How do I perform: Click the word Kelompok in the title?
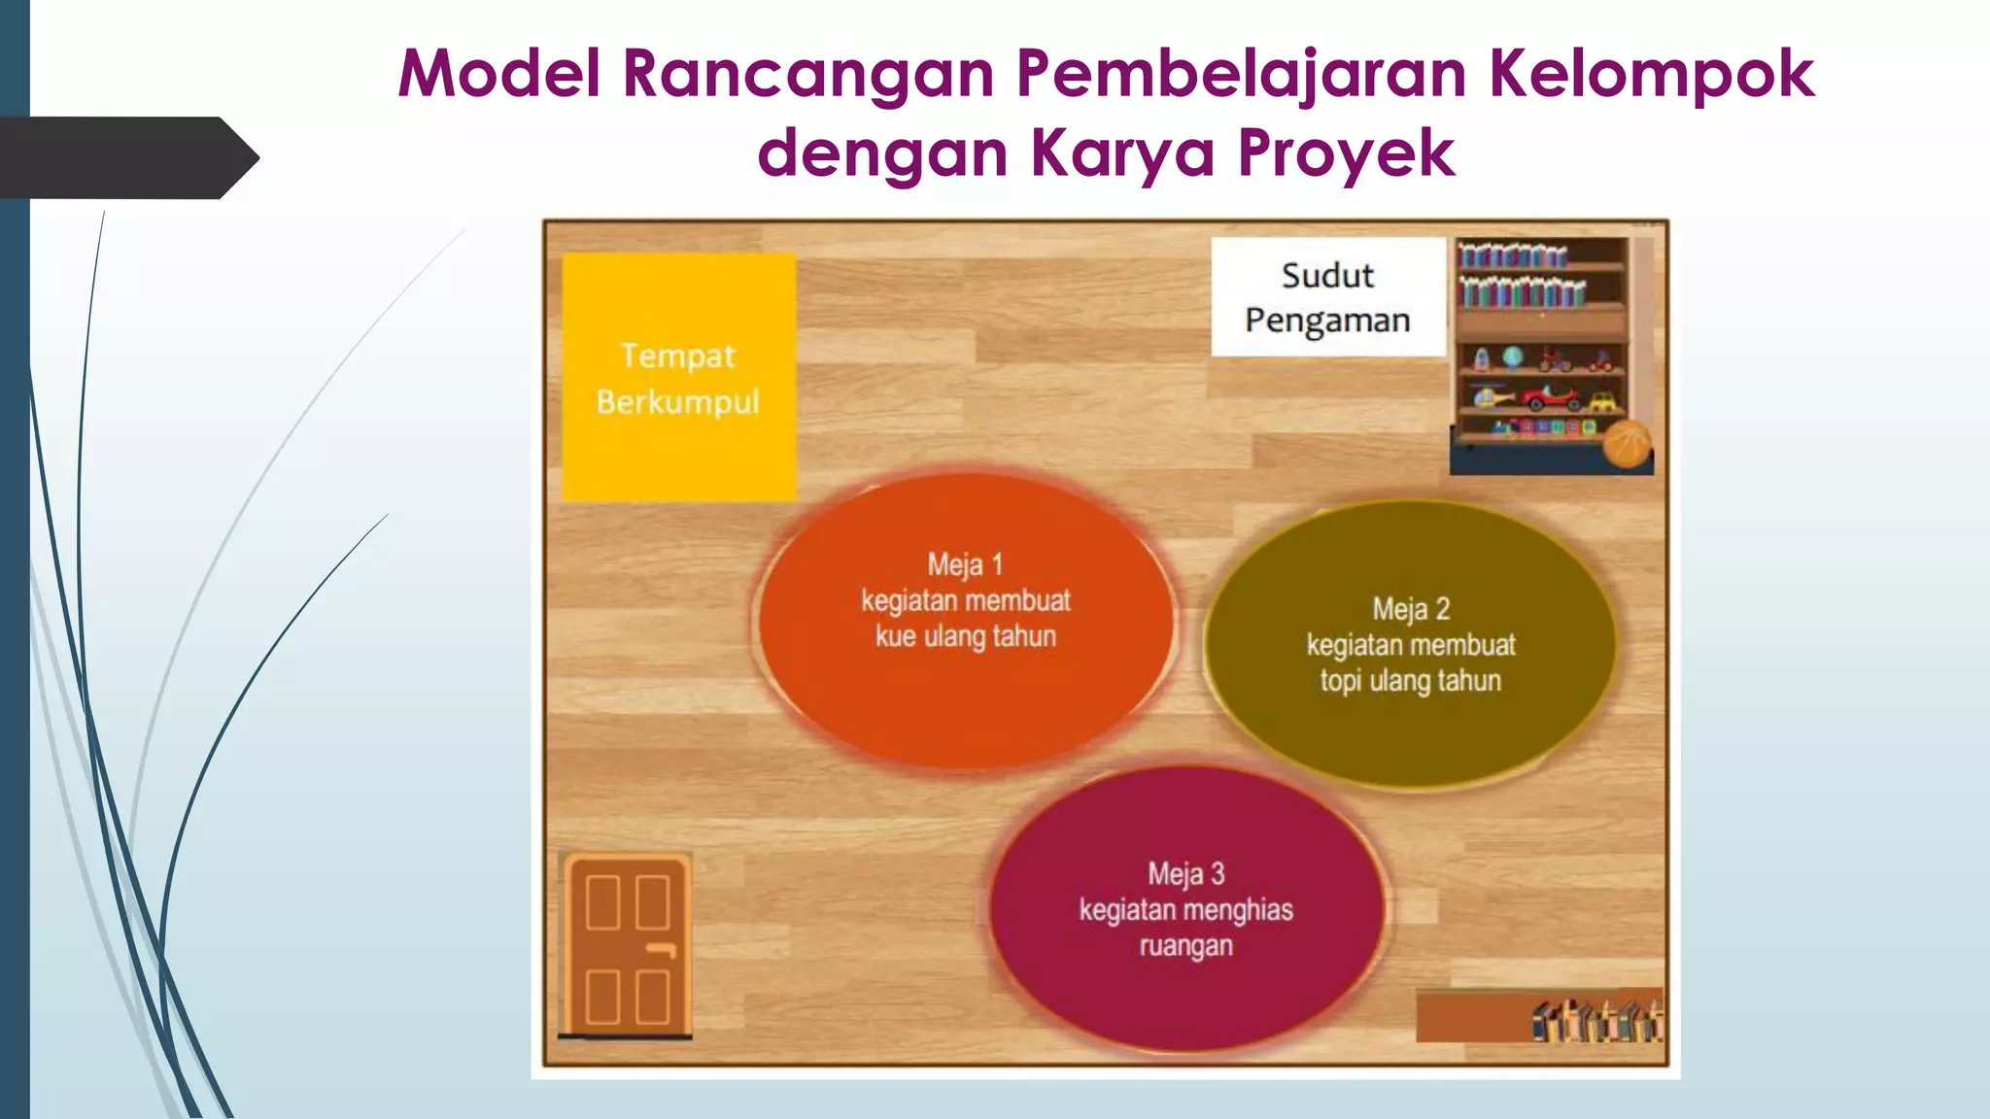coord(1651,74)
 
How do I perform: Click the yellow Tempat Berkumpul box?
coord(678,377)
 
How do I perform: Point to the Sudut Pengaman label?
coord(1327,297)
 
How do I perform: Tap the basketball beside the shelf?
coord(1627,446)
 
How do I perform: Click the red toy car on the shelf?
coord(1552,398)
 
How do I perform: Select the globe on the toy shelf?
coord(1513,357)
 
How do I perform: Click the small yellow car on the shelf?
coord(1602,400)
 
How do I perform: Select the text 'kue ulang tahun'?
coord(965,637)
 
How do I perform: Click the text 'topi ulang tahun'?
coord(1410,681)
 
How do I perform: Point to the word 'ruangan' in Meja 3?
coord(1185,946)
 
